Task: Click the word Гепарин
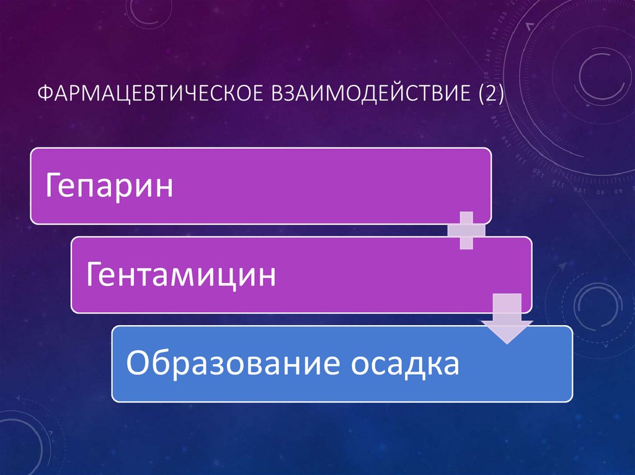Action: click(109, 186)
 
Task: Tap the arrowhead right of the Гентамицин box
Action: click(562, 266)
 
